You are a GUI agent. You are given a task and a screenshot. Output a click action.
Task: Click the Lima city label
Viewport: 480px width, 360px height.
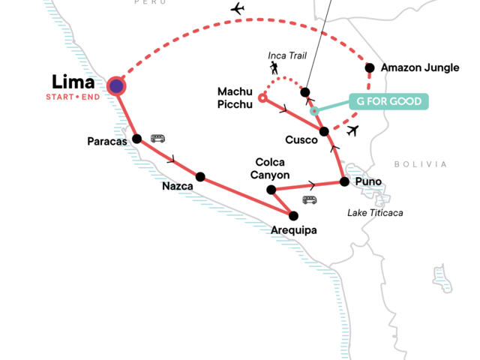pyautogui.click(x=73, y=82)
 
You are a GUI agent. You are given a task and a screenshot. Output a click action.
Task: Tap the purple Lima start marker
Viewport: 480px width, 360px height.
pyautogui.click(x=116, y=86)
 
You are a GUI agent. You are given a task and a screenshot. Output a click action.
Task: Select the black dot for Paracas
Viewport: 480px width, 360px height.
pyautogui.click(x=136, y=139)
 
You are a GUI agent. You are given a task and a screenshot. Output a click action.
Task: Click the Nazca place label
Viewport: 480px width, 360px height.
pyautogui.click(x=178, y=187)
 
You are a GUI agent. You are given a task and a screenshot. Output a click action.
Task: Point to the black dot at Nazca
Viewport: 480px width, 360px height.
pyautogui.click(x=200, y=177)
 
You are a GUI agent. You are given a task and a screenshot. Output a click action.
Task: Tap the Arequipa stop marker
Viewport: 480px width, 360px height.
pyautogui.click(x=294, y=216)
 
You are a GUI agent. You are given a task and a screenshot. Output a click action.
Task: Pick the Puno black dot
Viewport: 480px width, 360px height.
pyautogui.click(x=343, y=181)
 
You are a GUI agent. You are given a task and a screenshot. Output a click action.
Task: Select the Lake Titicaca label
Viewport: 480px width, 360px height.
pyautogui.click(x=375, y=213)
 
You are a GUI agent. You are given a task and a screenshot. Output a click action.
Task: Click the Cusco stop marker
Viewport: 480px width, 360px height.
pyautogui.click(x=325, y=132)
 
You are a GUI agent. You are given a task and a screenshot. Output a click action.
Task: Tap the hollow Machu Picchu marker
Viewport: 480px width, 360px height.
pyautogui.click(x=262, y=97)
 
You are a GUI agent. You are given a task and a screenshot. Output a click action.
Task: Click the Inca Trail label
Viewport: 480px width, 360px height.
pyautogui.click(x=287, y=55)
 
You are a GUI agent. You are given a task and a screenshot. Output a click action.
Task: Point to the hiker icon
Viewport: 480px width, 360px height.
pyautogui.click(x=275, y=68)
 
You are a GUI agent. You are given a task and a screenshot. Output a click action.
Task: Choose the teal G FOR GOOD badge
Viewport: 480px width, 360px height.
pyautogui.click(x=388, y=101)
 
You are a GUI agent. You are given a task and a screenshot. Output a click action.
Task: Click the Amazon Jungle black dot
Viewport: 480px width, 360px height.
pyautogui.click(x=370, y=67)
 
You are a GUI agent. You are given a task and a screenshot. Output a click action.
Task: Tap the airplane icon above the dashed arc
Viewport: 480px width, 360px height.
pyautogui.click(x=238, y=9)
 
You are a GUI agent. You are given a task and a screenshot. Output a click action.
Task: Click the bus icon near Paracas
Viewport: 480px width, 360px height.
pyautogui.click(x=158, y=139)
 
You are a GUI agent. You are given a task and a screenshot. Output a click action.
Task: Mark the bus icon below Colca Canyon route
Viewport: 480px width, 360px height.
pyautogui.click(x=309, y=199)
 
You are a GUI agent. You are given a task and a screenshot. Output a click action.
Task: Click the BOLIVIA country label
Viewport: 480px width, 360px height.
pyautogui.click(x=420, y=164)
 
